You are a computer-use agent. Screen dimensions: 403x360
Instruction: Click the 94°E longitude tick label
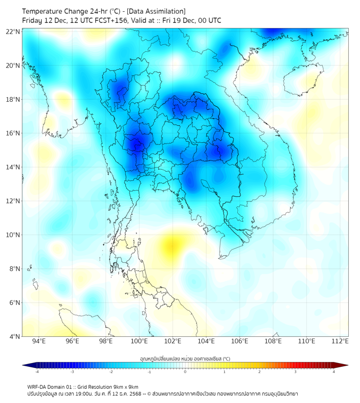(39, 341)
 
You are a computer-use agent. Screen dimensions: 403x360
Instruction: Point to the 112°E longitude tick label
(340, 341)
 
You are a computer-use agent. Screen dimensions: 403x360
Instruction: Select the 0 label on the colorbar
(185, 372)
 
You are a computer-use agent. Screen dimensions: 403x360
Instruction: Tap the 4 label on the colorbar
(334, 372)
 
